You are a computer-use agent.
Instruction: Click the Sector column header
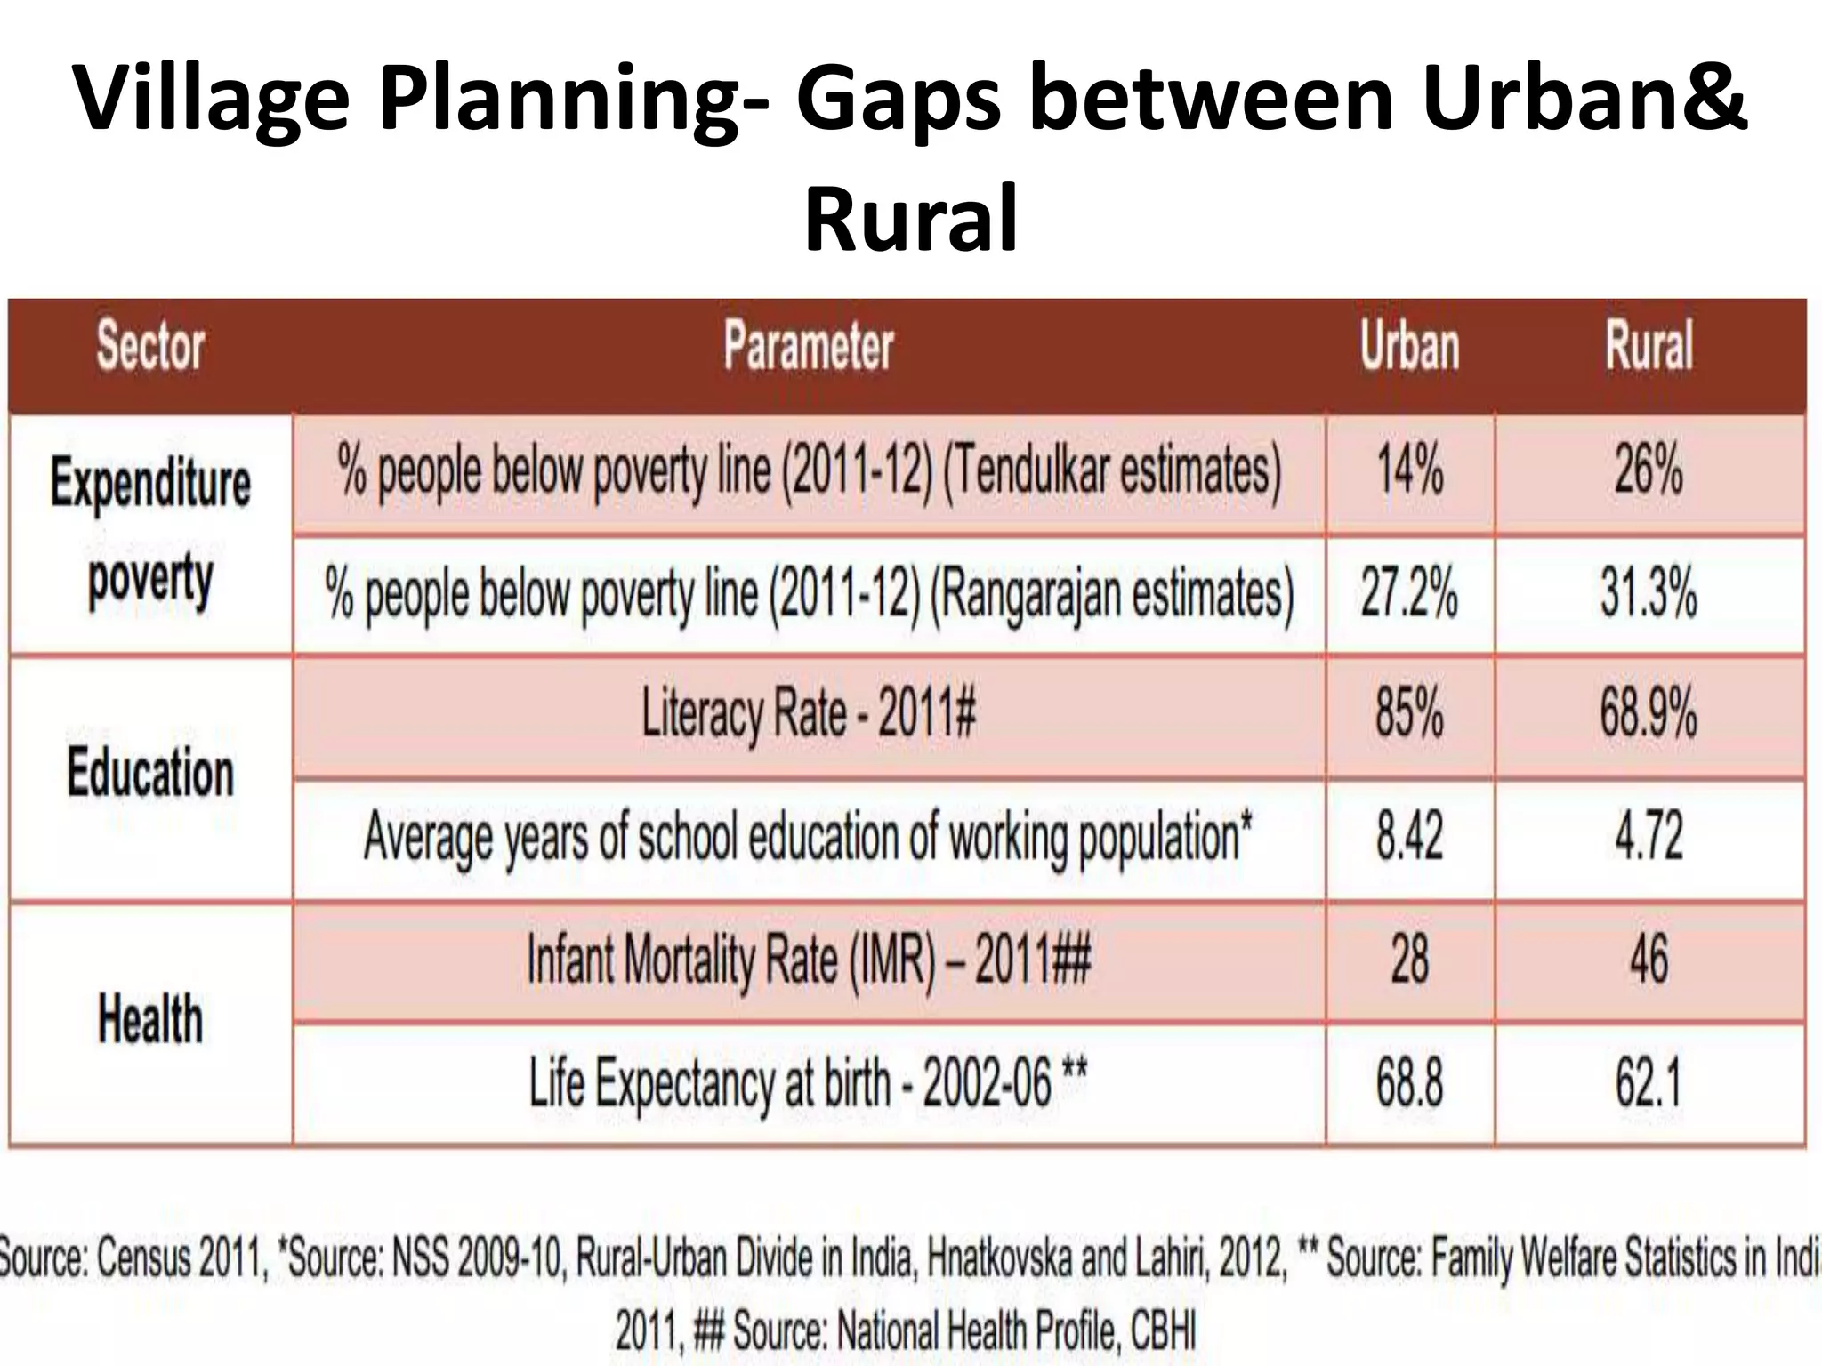pyautogui.click(x=150, y=346)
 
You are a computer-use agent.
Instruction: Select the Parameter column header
pyautogui.click(x=808, y=346)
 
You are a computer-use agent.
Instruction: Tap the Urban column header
pyautogui.click(x=1409, y=346)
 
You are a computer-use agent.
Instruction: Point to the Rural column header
pyautogui.click(x=1649, y=346)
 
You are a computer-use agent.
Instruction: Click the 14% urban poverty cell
pyautogui.click(x=1409, y=470)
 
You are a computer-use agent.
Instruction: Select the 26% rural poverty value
pyautogui.click(x=1649, y=470)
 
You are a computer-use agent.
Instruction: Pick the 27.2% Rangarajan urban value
pyautogui.click(x=1409, y=593)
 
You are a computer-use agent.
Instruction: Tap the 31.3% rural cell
pyautogui.click(x=1649, y=593)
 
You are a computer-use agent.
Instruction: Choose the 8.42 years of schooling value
pyautogui.click(x=1409, y=837)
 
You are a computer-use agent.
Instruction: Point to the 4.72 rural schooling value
pyautogui.click(x=1649, y=837)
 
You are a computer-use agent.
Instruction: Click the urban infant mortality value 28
pyautogui.click(x=1409, y=960)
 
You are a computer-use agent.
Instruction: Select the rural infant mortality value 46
pyautogui.click(x=1649, y=960)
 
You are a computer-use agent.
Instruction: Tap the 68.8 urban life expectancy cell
pyautogui.click(x=1409, y=1083)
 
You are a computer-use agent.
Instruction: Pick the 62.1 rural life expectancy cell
pyautogui.click(x=1649, y=1083)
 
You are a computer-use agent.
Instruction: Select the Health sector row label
pyautogui.click(x=150, y=1019)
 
